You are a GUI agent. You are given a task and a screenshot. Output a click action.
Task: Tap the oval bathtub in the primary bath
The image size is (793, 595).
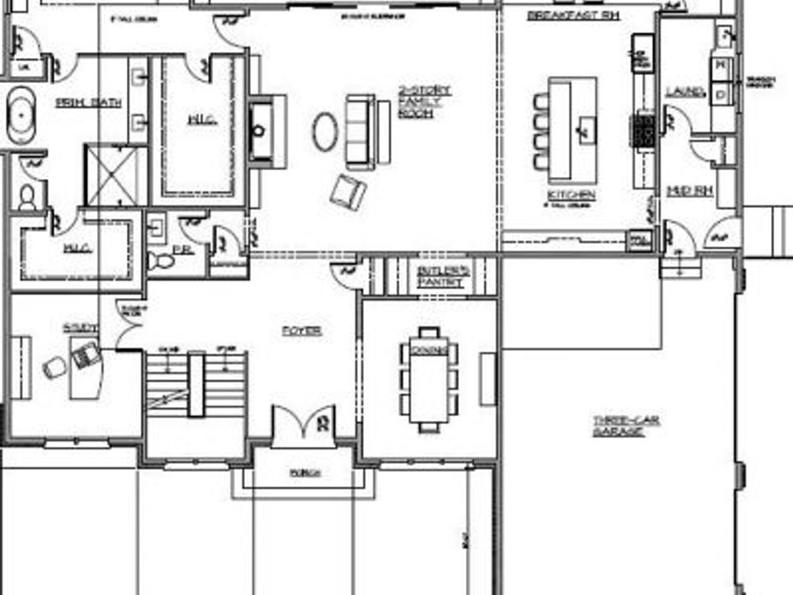click(x=19, y=115)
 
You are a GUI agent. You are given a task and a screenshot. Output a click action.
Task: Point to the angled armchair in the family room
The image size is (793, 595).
click(x=348, y=191)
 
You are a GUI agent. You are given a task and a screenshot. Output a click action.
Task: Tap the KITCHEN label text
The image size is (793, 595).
click(x=571, y=194)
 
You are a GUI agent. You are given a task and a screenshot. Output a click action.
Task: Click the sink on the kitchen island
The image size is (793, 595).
click(x=582, y=131)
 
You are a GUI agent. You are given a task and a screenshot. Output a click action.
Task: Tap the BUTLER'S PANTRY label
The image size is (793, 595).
click(x=443, y=277)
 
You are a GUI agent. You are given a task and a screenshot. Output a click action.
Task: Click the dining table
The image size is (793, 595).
click(x=428, y=379)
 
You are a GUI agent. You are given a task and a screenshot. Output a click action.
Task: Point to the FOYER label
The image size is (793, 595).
click(x=300, y=331)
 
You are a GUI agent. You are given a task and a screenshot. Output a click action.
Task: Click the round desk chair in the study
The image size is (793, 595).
click(x=55, y=368)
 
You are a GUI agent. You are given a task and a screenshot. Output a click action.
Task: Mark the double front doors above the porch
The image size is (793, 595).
click(x=302, y=425)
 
